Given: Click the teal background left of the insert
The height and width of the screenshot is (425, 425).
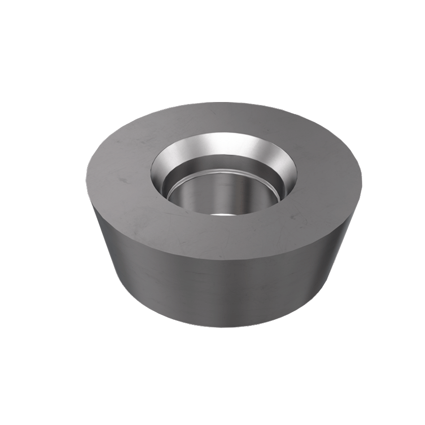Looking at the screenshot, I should [x=40, y=214].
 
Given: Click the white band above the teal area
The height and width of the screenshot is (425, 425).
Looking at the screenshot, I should [x=212, y=40].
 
